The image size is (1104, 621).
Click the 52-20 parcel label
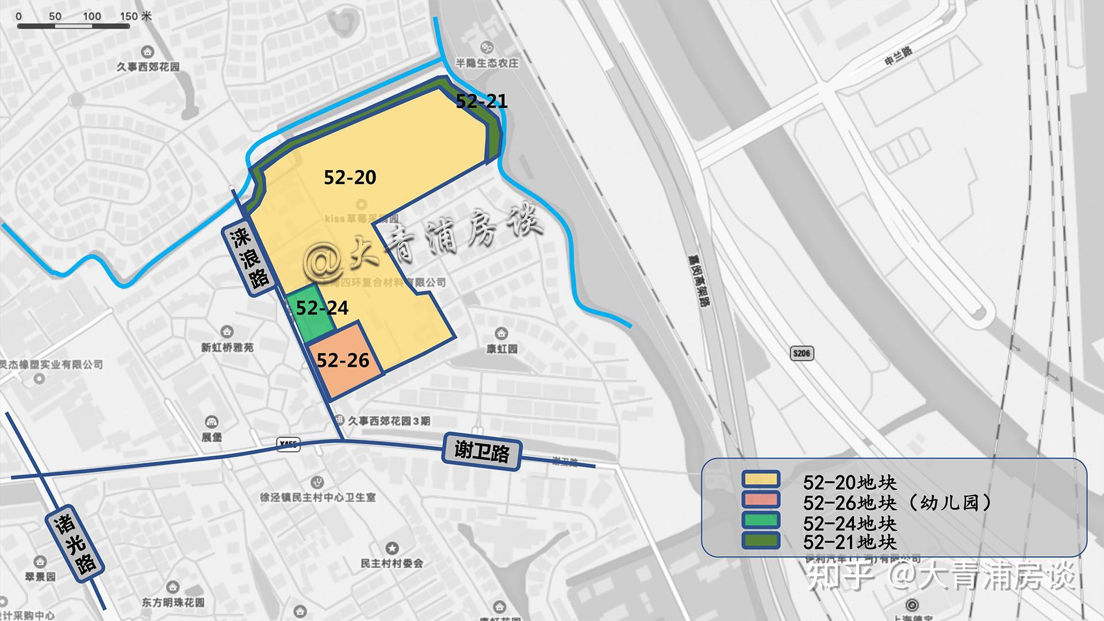point(350,177)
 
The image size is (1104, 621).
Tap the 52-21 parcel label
point(481,101)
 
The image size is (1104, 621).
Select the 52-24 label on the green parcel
point(322,308)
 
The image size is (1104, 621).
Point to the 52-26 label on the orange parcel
point(343,360)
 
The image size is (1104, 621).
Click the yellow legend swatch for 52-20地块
point(760,479)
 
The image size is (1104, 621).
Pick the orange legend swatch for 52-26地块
point(760,499)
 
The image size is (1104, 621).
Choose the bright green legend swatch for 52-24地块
point(760,520)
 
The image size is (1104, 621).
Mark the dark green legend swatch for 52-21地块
point(760,540)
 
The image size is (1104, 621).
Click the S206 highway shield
point(802,353)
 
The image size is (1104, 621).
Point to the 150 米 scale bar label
point(136,16)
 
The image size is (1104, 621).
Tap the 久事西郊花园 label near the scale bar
point(148,67)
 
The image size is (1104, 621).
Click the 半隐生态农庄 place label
point(486,63)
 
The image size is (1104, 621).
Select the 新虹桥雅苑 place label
point(227,347)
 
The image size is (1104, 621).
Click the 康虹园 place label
point(501,348)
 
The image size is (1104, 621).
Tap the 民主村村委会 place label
point(392,563)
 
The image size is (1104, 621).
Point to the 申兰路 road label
point(898,56)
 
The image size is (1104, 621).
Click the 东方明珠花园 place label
point(173,603)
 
